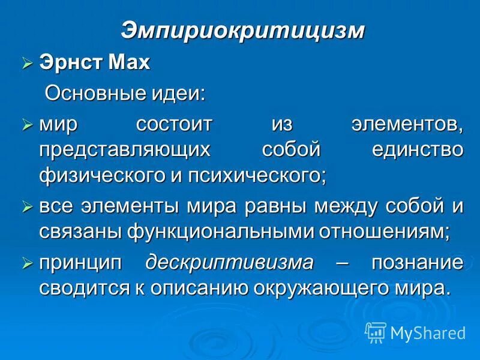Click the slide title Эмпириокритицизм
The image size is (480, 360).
tap(242, 31)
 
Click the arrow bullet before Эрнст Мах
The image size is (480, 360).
tap(27, 63)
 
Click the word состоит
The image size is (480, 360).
tap(175, 125)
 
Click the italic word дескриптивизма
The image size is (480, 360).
tap(230, 263)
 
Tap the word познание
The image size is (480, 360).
tap(417, 263)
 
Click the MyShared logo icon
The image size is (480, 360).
tap(376, 331)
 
